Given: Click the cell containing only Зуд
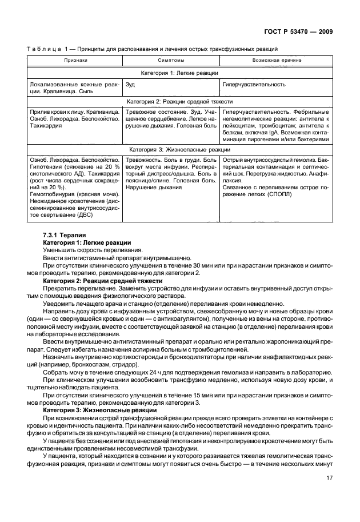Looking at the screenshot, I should tap(130, 84).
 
